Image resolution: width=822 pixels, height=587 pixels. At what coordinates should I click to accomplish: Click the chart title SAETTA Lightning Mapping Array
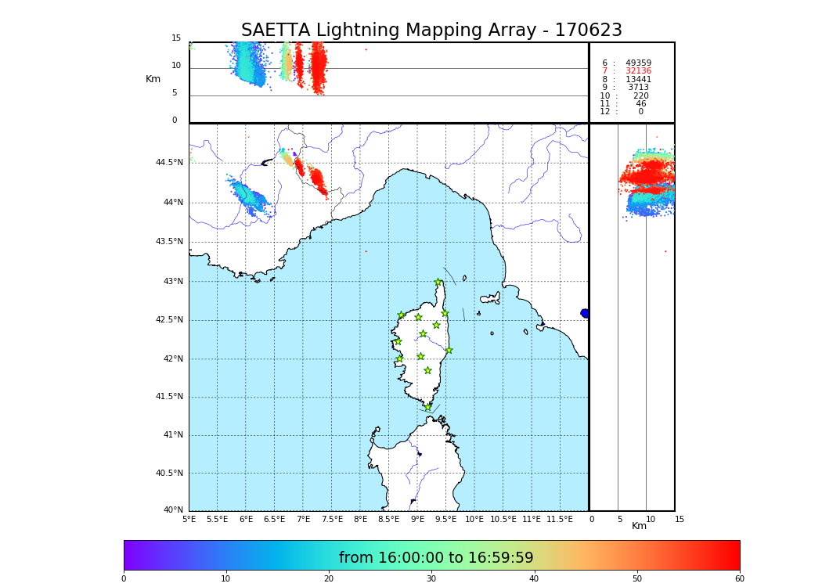431,31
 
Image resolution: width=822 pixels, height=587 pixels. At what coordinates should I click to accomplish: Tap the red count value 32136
638,71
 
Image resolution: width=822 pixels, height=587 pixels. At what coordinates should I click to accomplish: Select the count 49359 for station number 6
638,63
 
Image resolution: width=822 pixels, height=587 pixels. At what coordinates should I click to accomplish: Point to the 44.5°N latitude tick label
169,163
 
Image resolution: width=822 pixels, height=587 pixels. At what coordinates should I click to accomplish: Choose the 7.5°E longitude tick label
332,519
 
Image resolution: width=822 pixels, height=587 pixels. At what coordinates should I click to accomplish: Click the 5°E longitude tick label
189,519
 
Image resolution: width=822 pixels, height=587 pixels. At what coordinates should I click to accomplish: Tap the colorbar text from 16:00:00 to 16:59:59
436,558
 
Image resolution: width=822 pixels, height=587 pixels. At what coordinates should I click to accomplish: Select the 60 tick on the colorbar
739,579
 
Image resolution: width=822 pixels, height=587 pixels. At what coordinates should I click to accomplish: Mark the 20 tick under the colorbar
329,579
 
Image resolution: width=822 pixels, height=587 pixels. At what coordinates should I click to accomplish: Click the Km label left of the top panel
153,79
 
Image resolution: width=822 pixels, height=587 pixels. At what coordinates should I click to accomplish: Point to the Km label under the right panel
640,526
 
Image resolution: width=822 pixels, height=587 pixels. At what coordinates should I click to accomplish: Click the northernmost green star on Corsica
438,283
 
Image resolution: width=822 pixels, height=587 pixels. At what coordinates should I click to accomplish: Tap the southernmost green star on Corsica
427,407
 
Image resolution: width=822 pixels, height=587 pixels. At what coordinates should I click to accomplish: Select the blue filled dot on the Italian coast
585,313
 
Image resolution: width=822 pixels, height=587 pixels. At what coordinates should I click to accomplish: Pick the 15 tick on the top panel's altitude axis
176,38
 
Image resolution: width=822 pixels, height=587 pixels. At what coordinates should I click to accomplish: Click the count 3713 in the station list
638,88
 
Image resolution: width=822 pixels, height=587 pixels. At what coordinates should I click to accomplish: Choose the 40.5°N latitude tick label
169,474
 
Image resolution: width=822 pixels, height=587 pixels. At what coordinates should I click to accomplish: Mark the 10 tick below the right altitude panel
651,519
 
